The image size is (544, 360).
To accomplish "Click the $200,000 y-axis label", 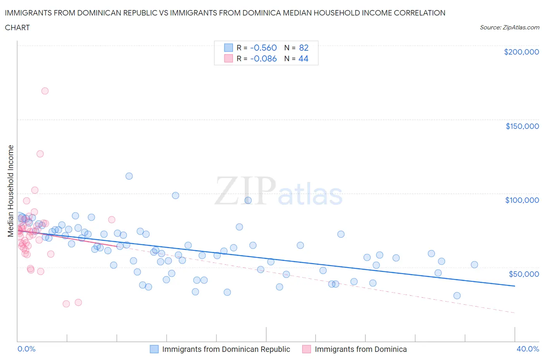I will tap(521, 52).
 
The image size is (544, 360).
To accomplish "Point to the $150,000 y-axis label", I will tap(522, 126).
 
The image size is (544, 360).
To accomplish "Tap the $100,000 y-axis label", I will tap(522, 200).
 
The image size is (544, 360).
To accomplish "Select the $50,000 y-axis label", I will tap(523, 274).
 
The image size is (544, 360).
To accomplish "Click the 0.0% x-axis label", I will tap(26, 349).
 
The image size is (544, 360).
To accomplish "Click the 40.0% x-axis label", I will tap(528, 349).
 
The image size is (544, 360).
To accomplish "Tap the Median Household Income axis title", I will tap(11, 191).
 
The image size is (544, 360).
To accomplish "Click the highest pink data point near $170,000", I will tap(45, 91).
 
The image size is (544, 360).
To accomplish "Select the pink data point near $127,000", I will tap(40, 154).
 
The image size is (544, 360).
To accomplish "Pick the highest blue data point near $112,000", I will tap(129, 176).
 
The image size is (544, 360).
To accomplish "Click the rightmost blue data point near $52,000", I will tap(474, 265).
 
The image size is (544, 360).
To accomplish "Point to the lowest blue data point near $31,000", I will tap(457, 296).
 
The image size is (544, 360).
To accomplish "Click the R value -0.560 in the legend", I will tap(263, 48).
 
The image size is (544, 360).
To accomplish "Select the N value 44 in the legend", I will tap(303, 58).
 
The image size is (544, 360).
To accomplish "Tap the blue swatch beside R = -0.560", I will tap(228, 48).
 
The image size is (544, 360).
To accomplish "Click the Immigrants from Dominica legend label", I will tap(361, 349).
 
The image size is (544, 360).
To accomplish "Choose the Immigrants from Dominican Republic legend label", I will tap(226, 349).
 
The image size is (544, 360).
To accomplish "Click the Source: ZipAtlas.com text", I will tap(509, 27).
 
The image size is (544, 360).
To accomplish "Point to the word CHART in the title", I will tap(17, 27).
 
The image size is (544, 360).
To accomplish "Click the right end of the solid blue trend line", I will tap(515, 286).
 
